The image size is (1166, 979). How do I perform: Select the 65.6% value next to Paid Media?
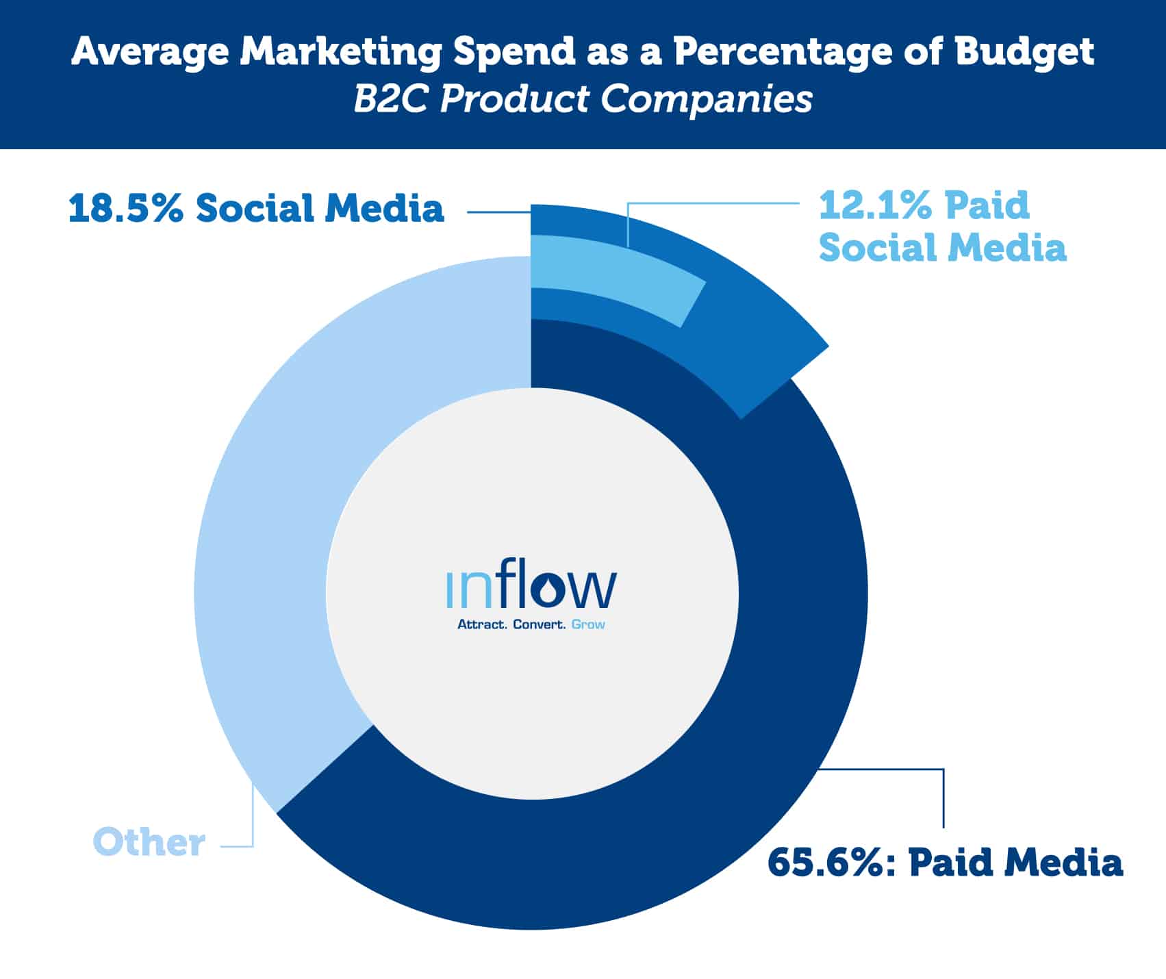(827, 862)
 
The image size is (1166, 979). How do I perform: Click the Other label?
(149, 842)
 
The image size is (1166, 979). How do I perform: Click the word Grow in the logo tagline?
(588, 624)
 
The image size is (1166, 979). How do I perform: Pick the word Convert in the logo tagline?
(539, 624)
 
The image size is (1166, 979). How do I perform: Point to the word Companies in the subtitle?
(706, 100)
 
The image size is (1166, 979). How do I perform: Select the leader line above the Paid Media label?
(943, 794)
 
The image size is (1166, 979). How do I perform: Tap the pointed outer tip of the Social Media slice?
(825, 346)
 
